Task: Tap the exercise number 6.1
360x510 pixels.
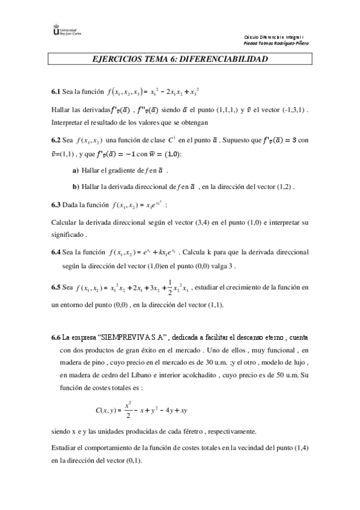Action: (x=55, y=92)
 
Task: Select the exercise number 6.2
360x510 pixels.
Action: (x=55, y=141)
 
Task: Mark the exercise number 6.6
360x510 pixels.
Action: (x=55, y=337)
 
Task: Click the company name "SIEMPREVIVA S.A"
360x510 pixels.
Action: (x=132, y=337)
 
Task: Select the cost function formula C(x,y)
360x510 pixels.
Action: (x=142, y=410)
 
